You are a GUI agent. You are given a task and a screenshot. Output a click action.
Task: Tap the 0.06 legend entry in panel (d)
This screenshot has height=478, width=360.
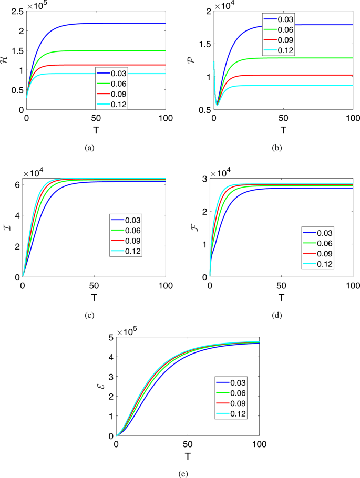[317, 242]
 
